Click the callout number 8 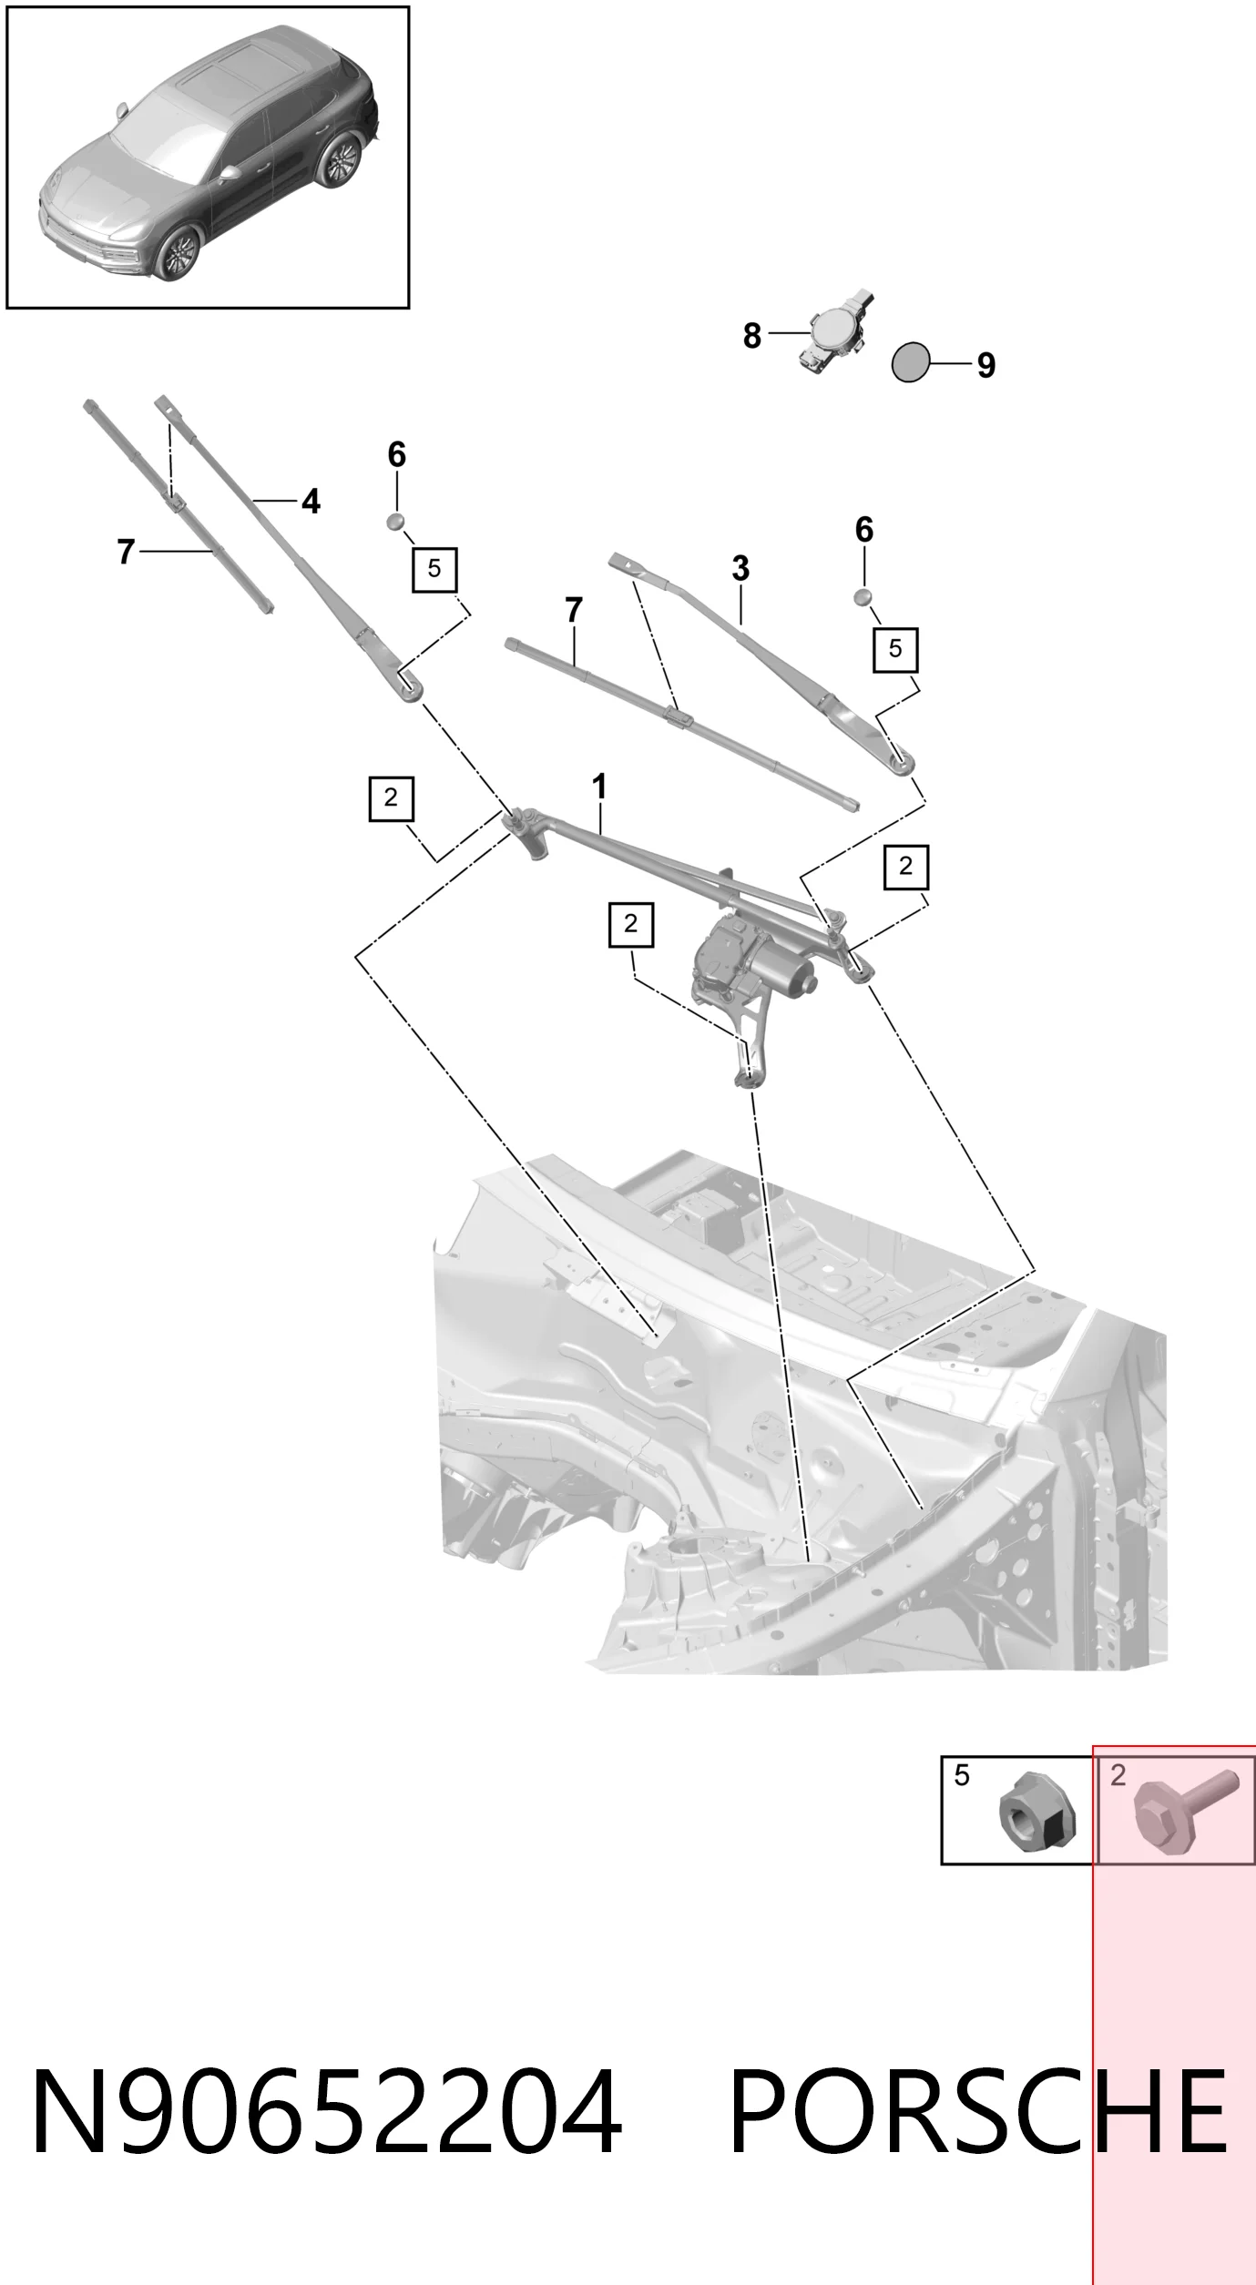[x=751, y=336]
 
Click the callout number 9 [x=985, y=365]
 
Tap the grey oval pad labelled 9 [x=911, y=362]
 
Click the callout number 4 [x=311, y=502]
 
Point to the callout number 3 [x=740, y=569]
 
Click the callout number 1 [x=599, y=787]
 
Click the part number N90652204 [x=327, y=2129]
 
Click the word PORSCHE [x=978, y=2129]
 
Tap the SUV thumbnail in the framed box [x=208, y=157]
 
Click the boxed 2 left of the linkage [x=392, y=798]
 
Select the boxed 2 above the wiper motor [x=631, y=924]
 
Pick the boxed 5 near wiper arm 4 [x=434, y=570]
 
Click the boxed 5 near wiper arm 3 [x=895, y=649]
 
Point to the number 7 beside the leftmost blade [x=126, y=552]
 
